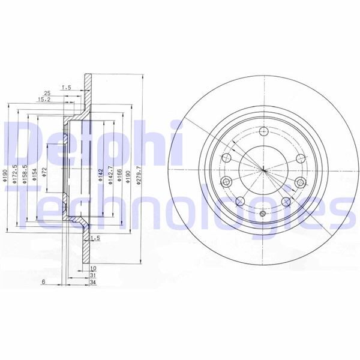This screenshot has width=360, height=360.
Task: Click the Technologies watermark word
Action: (x=180, y=207)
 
